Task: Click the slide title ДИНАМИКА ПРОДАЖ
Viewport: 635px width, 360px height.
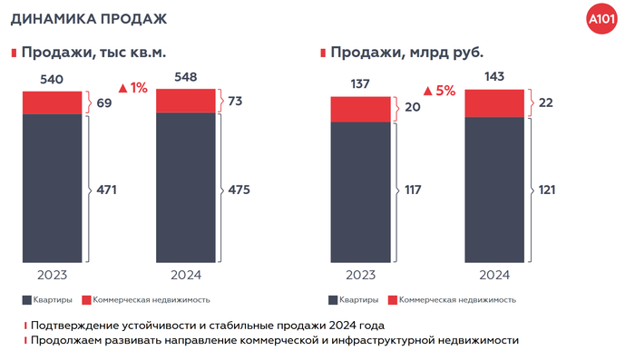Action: click(75, 18)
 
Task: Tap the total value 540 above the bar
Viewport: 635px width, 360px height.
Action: click(52, 80)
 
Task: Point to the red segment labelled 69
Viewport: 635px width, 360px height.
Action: click(52, 102)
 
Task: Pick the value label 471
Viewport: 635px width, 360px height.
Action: click(106, 190)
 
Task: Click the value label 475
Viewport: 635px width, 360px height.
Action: click(239, 190)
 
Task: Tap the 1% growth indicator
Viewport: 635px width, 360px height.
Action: click(132, 88)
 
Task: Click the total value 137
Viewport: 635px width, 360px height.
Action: click(360, 85)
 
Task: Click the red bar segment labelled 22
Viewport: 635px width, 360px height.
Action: click(493, 103)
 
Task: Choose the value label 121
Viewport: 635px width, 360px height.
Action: click(545, 190)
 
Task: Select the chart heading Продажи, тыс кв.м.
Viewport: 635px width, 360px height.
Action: click(93, 53)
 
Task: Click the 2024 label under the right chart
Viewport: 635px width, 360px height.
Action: click(493, 275)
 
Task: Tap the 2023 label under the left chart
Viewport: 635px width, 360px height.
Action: click(52, 275)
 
